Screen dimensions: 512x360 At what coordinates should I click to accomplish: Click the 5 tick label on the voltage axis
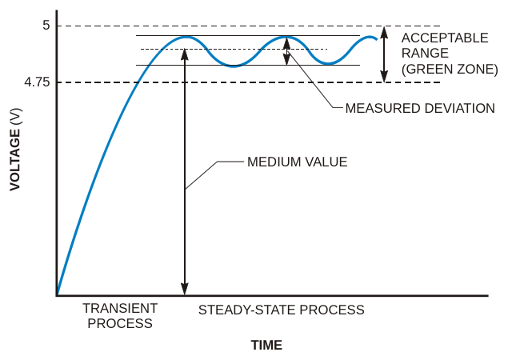tap(46, 25)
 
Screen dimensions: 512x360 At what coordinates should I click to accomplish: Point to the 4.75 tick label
tap(38, 82)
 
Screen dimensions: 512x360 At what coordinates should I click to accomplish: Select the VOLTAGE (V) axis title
tap(15, 150)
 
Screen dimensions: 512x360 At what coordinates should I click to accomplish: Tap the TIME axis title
tap(266, 346)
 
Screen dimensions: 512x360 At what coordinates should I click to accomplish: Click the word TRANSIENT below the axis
tap(120, 308)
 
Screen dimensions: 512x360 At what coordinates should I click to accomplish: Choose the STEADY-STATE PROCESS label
tap(281, 310)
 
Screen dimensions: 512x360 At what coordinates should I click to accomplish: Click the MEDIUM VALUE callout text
tap(297, 162)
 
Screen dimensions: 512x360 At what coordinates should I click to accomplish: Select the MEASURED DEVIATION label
tap(420, 108)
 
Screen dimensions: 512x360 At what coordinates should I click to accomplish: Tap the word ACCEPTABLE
tap(445, 38)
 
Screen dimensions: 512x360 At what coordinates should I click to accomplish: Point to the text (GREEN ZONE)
tap(450, 70)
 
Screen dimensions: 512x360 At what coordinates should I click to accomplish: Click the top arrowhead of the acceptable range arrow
tap(385, 31)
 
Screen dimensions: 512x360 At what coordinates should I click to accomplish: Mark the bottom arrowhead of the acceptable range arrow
tap(385, 77)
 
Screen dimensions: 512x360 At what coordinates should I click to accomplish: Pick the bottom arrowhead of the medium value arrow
tap(185, 290)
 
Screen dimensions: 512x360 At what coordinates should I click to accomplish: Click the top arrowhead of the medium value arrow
tap(185, 54)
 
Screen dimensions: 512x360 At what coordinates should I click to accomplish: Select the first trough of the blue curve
tap(233, 66)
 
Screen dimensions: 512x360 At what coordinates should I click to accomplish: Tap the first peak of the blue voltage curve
tap(186, 38)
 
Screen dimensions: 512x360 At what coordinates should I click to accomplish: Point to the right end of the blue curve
tap(377, 39)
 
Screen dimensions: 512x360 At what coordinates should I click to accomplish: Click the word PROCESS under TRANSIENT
tap(120, 323)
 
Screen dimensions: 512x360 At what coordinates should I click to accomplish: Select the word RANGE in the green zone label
tap(425, 54)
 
